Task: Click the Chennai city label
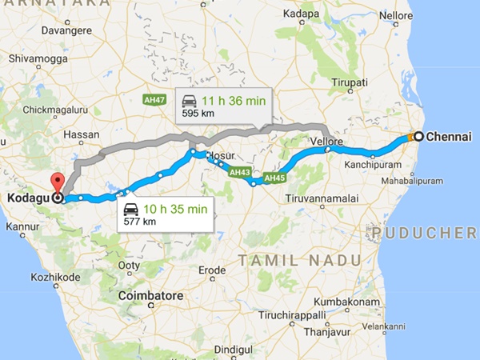point(449,136)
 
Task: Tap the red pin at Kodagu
point(57,182)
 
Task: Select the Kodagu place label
point(27,197)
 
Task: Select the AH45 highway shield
point(274,178)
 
